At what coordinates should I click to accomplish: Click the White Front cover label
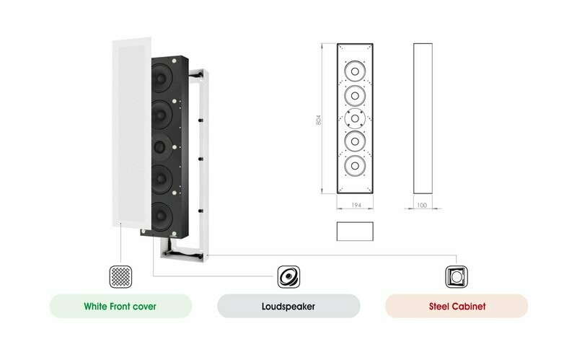click(120, 307)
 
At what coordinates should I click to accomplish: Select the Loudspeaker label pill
click(288, 307)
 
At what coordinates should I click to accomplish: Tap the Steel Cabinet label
click(457, 307)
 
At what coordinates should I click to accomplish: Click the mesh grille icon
click(120, 277)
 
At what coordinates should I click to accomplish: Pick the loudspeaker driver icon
click(289, 277)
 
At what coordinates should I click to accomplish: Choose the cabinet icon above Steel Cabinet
click(457, 277)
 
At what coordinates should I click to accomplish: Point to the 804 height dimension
click(319, 120)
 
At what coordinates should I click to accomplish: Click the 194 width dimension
click(356, 205)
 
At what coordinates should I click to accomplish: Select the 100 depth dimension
click(422, 205)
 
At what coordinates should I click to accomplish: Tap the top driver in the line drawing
click(355, 71)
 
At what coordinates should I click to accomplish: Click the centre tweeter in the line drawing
click(355, 118)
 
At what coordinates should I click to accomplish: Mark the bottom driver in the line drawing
click(355, 166)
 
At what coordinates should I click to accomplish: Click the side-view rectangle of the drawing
click(423, 118)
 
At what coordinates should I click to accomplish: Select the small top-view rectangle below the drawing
click(355, 231)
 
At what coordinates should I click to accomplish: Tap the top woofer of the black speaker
click(161, 78)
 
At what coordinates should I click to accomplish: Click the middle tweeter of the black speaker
click(161, 147)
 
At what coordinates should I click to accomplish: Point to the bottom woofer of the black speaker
click(161, 216)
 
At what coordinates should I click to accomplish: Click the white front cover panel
click(132, 133)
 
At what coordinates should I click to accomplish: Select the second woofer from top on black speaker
click(161, 115)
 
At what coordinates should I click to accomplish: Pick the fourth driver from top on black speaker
click(161, 180)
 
